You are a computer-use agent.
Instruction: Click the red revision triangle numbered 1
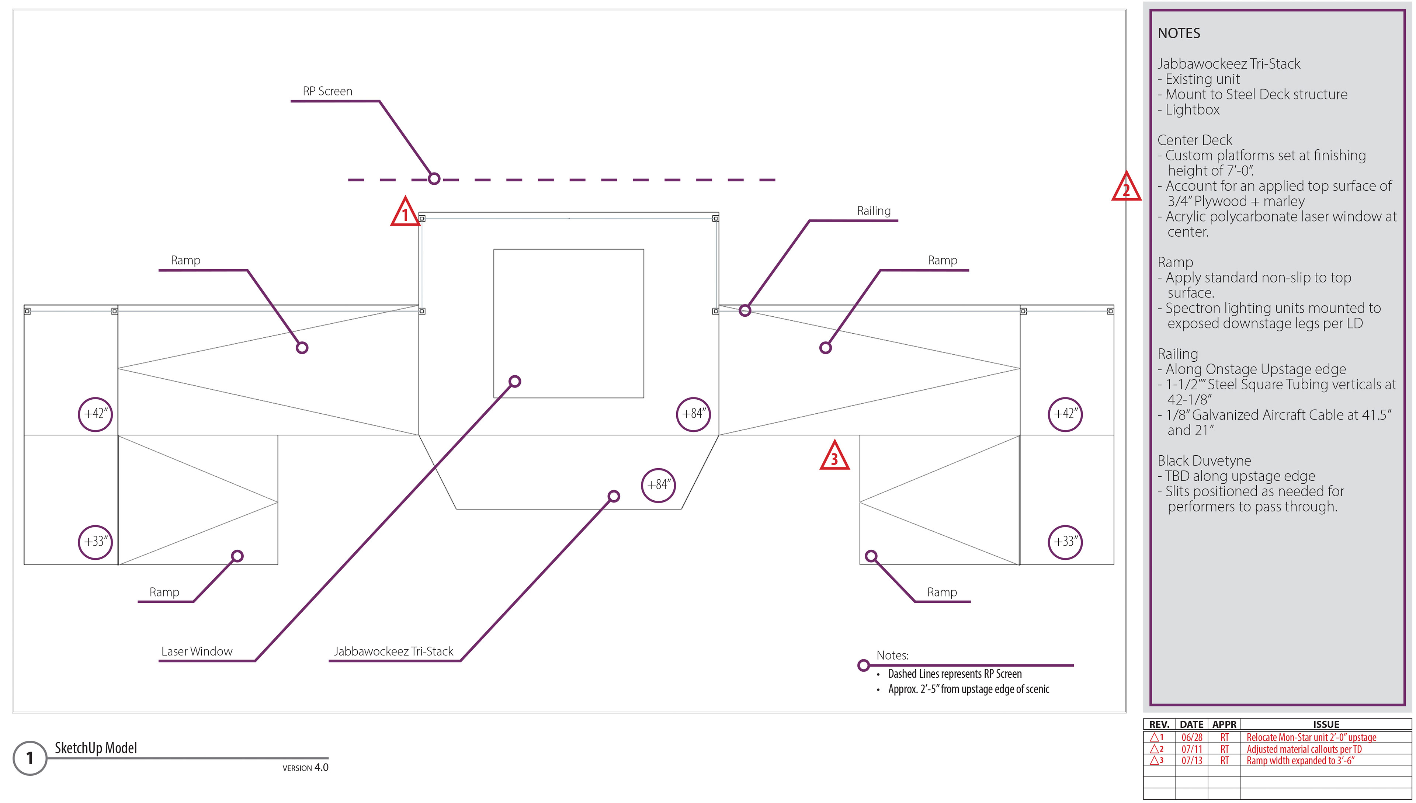405,213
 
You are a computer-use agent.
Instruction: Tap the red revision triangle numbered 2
1126,188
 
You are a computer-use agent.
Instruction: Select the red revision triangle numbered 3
834,457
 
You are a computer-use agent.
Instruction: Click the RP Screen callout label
327,91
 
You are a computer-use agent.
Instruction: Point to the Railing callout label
873,211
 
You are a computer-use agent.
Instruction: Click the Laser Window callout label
197,651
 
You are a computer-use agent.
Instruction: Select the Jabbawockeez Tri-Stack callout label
393,651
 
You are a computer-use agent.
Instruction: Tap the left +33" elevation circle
96,542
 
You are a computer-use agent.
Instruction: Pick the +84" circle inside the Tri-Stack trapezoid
659,485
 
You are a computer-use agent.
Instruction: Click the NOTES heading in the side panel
1179,34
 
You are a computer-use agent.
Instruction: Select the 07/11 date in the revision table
1191,749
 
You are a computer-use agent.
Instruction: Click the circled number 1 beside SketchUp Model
30,758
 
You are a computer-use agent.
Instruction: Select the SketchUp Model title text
96,748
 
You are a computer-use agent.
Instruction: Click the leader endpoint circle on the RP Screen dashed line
434,179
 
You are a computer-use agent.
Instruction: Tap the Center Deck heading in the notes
1194,140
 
